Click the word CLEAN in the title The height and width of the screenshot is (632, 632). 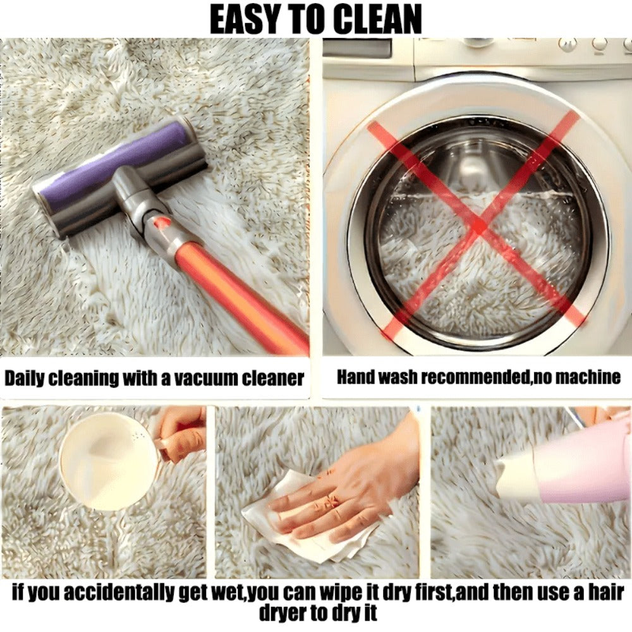pos(378,19)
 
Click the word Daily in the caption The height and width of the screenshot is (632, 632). pos(24,379)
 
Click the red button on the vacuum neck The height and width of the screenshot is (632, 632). pos(162,221)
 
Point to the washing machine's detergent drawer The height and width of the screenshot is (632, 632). pos(357,49)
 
